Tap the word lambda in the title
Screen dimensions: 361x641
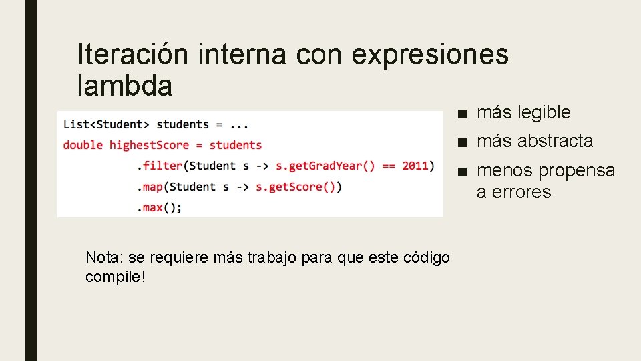125,86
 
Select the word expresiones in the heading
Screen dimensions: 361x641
429,54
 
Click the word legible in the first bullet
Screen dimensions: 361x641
542,112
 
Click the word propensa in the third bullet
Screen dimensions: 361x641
576,171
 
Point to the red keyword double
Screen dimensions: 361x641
83,145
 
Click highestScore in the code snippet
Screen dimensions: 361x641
149,145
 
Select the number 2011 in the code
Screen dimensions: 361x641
415,166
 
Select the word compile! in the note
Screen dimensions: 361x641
115,277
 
